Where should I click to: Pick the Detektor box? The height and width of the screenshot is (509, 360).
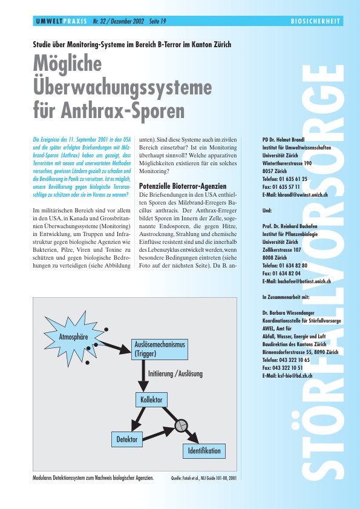pos(126,438)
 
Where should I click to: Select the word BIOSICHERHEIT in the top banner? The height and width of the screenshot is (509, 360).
pos(315,21)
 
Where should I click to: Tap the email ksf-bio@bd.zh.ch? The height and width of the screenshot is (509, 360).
pos(286,375)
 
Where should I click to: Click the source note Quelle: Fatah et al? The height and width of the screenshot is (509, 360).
pos(204,478)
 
